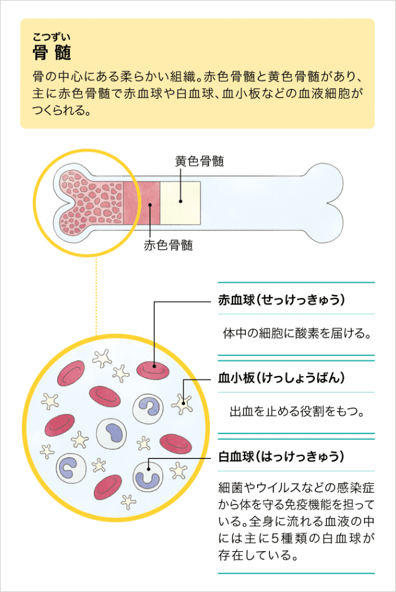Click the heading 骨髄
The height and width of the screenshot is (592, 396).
tap(51, 52)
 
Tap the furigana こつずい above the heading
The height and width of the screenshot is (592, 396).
tap(51, 37)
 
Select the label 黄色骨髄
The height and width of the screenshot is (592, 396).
tap(200, 161)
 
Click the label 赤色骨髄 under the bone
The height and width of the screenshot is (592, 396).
tap(168, 245)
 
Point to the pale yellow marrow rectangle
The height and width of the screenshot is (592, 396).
tap(180, 203)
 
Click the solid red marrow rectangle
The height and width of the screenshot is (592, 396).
tap(142, 203)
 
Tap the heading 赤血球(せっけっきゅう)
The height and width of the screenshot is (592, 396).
tap(281, 300)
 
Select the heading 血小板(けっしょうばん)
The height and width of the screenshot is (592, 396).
tap(281, 377)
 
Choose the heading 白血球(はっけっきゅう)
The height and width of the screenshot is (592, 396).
tap(281, 457)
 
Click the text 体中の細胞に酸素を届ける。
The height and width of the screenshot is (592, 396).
tap(297, 334)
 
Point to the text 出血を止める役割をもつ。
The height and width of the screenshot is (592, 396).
tap(297, 411)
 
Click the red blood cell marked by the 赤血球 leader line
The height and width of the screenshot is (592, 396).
tap(152, 370)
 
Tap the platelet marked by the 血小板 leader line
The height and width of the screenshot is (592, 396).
tap(183, 404)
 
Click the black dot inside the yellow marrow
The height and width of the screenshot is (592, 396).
tap(180, 201)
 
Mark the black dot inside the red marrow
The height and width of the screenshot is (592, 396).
tap(150, 205)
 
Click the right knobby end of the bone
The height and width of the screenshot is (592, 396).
tap(323, 203)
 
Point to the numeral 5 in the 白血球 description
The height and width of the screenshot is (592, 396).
tap(275, 538)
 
